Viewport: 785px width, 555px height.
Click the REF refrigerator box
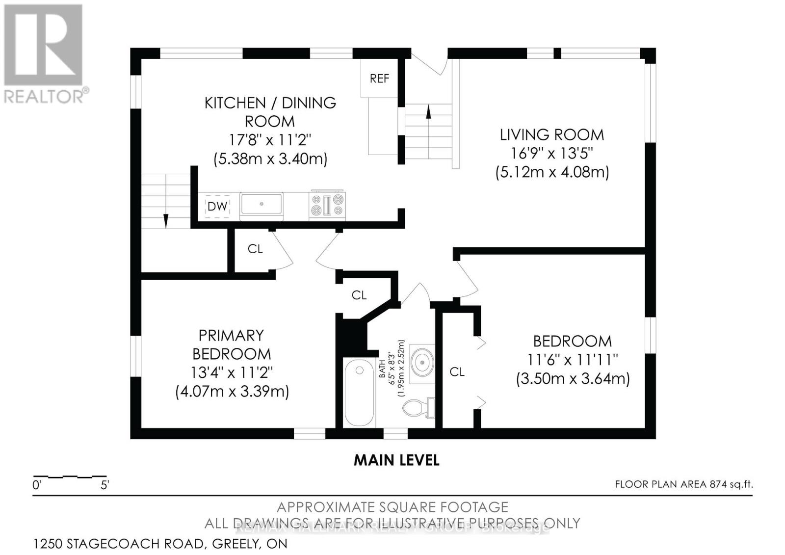coord(379,79)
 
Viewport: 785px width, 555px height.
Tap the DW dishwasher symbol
coord(217,207)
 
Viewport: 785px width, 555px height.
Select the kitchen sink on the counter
coord(261,204)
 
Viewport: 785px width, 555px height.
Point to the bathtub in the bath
coord(359,393)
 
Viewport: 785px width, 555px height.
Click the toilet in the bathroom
coord(419,407)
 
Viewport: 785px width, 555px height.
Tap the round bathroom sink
coord(422,364)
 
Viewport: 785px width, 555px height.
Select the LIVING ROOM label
coord(551,134)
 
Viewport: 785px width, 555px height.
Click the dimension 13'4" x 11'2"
coord(232,372)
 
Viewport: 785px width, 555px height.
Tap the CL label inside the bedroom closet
coord(457,372)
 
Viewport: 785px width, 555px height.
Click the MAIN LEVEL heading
coord(396,460)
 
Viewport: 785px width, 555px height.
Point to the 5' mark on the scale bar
coord(105,485)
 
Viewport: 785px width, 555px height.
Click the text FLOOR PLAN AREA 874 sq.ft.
coord(683,484)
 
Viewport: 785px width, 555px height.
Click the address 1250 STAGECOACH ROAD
coord(118,544)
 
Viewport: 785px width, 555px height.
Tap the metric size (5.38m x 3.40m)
coord(270,159)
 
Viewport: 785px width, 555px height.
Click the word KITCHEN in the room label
coord(235,103)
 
